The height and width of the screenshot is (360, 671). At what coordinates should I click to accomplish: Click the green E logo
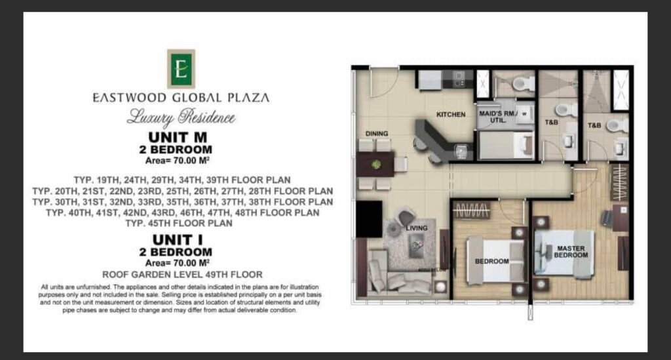coord(181,69)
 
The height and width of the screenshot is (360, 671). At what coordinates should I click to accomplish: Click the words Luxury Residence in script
coord(181,117)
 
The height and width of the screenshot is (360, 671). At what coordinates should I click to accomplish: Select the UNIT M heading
coord(178,138)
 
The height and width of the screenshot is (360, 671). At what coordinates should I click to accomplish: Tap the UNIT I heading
coord(178,240)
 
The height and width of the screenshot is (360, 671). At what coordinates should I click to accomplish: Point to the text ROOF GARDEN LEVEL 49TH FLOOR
coord(182,274)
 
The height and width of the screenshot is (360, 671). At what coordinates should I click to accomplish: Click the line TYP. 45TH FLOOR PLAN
coord(179,223)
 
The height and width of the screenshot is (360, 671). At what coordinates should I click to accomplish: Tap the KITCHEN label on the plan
coord(451,114)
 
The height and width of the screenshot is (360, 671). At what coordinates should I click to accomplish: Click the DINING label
coord(377,134)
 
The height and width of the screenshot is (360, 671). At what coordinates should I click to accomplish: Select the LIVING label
coord(416,228)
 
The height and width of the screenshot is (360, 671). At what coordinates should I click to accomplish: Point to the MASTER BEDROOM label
coord(571,252)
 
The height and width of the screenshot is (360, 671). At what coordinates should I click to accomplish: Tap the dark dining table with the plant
coord(375,165)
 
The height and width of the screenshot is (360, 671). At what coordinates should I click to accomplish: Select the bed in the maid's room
coord(506,146)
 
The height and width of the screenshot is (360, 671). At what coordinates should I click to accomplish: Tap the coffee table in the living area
coord(416,245)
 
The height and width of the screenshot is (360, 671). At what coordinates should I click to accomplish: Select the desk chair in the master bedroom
coord(607,218)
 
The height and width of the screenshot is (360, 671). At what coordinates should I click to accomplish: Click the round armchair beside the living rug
coord(406,216)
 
